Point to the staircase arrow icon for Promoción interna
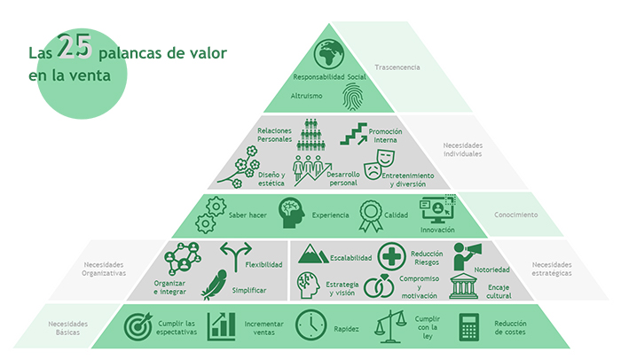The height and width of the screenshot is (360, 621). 353,134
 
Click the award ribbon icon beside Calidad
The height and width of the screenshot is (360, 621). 369,214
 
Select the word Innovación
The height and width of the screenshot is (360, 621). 437,229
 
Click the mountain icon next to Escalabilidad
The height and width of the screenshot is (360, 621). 312,256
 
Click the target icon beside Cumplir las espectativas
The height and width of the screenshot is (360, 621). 138,327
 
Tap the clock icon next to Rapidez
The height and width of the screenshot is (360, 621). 310,326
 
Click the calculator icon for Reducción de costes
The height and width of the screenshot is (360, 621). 469,326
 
